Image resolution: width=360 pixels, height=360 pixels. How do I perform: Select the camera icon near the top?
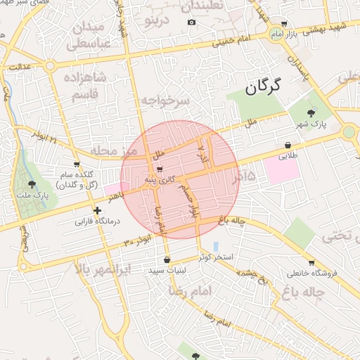tap(191, 22)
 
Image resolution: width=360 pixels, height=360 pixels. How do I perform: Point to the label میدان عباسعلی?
tap(87, 35)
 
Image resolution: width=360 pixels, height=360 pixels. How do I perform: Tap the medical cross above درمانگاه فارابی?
tap(97, 210)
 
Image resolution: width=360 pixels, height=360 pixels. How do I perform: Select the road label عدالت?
tap(20, 66)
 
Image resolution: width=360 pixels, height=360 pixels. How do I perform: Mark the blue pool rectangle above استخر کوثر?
tap(215, 246)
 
